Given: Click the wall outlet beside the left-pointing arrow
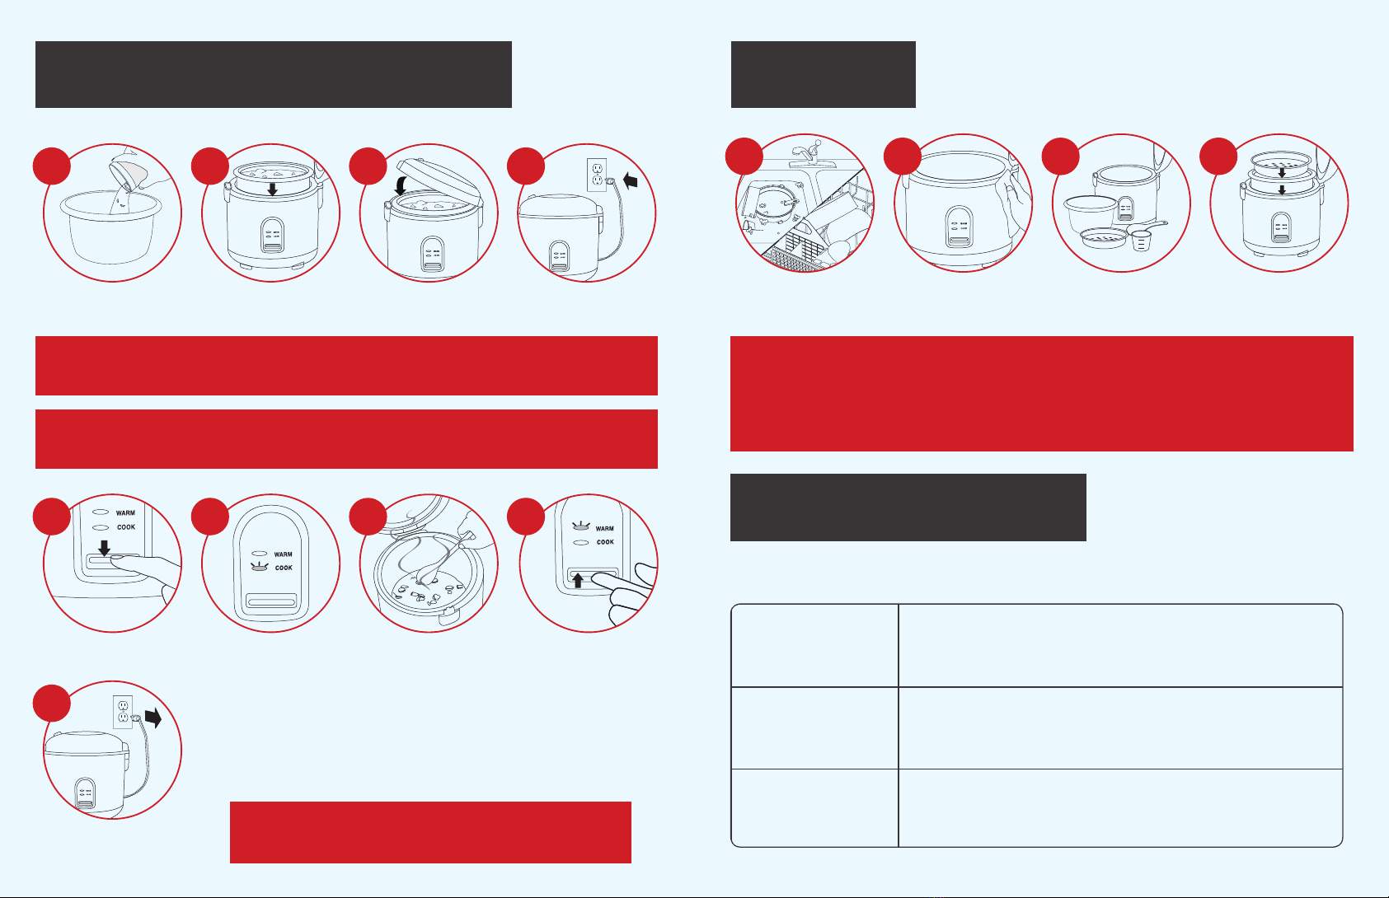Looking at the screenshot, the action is click(597, 174).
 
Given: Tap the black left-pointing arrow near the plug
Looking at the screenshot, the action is click(630, 181).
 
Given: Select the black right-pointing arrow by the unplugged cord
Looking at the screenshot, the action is click(153, 718).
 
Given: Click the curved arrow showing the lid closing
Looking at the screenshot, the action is click(401, 184).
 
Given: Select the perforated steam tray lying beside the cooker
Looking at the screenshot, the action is click(1104, 238).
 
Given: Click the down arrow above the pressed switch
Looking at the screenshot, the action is click(104, 547).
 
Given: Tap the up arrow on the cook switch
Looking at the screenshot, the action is click(578, 581).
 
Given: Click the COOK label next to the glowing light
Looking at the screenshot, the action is click(284, 568).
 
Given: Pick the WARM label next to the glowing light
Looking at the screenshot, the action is click(604, 529).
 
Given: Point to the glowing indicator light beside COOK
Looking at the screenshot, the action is click(259, 567).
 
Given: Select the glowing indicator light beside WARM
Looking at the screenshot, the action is click(580, 526).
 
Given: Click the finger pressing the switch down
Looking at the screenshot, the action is click(146, 567).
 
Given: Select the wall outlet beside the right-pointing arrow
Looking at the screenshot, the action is click(123, 712).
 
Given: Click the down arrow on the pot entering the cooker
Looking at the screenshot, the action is click(272, 189).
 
